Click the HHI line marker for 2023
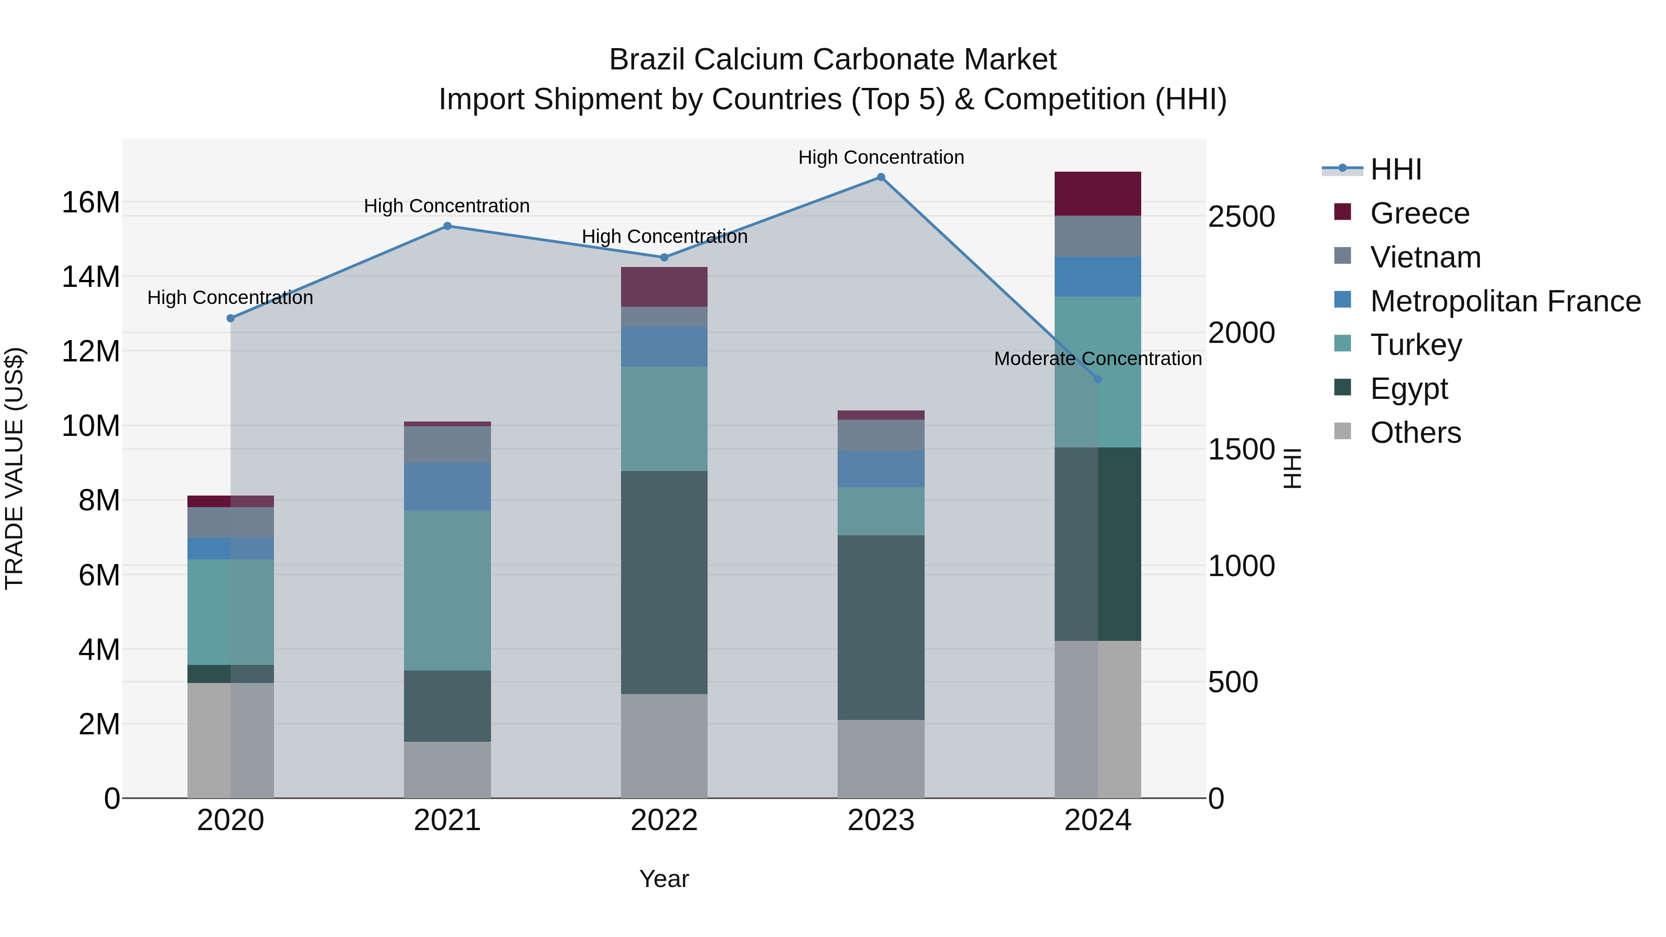880,177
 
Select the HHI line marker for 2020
231,318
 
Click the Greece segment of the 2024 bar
1098,194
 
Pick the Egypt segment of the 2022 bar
664,582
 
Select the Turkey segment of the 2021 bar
447,590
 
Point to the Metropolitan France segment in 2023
880,469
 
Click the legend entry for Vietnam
1425,257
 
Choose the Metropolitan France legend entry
1505,301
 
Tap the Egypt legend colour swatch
1343,388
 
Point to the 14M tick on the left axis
91,277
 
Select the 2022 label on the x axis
664,820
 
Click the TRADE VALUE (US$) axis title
14,468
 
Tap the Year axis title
664,879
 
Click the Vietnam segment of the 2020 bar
230,522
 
